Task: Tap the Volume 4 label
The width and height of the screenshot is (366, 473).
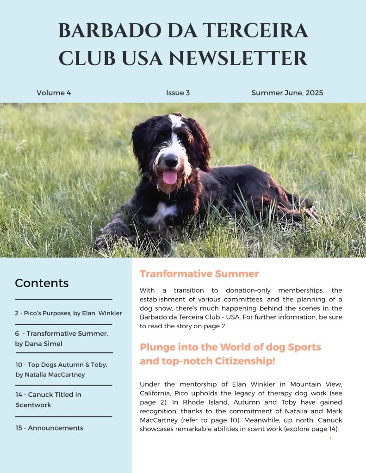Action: pos(54,93)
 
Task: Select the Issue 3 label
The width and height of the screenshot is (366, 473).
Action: pos(178,93)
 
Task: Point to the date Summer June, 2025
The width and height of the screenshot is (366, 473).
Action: pos(287,93)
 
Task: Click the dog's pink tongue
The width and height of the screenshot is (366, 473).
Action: pos(170,177)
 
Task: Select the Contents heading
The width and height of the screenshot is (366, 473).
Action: pos(42,283)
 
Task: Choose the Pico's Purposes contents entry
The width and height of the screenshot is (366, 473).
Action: pos(68,313)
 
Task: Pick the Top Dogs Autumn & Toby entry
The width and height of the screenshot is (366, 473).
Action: pos(61,365)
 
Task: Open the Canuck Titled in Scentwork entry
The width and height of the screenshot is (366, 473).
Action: pos(48,399)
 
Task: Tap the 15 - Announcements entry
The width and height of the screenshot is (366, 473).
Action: pos(49,428)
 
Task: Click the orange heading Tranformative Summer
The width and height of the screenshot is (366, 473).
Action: pos(199,274)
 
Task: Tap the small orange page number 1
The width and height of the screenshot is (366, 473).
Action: pos(330,438)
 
